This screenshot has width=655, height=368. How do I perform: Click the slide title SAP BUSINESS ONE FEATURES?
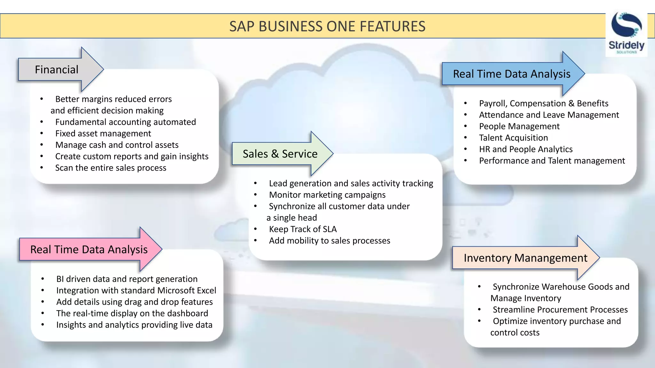[327, 26]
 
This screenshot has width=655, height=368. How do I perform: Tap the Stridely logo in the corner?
[626, 34]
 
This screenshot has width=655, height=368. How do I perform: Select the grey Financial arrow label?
[57, 70]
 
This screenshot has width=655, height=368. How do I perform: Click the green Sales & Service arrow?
[280, 154]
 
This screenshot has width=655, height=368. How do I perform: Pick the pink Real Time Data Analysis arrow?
[89, 249]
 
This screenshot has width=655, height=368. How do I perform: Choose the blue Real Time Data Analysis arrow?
[511, 74]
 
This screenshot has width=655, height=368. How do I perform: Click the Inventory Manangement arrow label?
[525, 258]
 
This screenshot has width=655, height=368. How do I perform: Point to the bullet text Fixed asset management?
[103, 134]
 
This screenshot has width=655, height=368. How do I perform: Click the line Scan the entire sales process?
[111, 168]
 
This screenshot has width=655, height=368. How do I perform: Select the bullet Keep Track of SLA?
[303, 229]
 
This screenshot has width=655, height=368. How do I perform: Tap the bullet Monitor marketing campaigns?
[327, 195]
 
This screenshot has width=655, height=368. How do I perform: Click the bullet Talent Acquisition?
[513, 138]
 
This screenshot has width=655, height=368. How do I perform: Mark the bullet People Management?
[519, 126]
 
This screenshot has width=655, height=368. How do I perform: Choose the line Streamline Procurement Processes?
[560, 310]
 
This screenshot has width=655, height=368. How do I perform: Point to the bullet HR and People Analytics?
[525, 149]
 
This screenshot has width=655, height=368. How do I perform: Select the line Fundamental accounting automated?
[125, 122]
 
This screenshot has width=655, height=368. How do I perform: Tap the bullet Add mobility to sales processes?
[329, 241]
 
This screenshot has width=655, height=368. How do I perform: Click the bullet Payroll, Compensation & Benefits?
[543, 103]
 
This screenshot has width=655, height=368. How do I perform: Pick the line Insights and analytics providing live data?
[134, 325]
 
